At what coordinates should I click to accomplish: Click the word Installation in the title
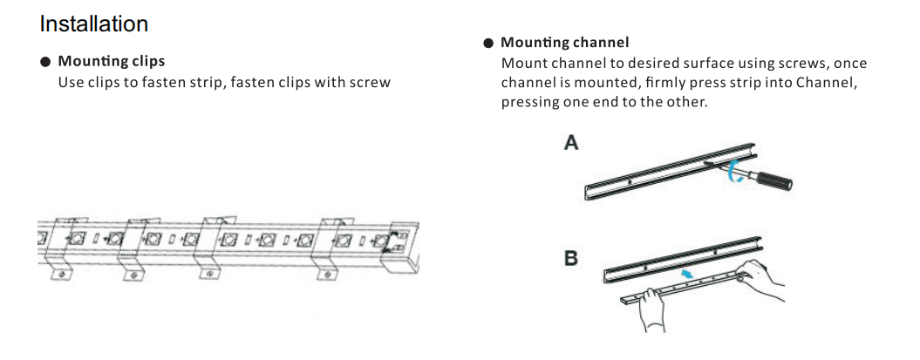tap(94, 24)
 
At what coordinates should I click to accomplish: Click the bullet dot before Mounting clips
tap(45, 62)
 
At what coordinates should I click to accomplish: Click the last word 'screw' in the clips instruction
tap(370, 83)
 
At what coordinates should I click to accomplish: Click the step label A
tap(571, 143)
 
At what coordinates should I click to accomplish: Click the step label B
tap(571, 259)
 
